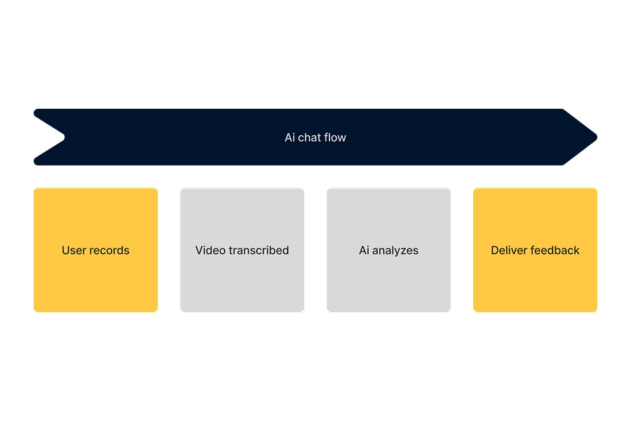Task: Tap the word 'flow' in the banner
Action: pos(334,138)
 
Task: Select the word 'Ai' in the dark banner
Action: pos(290,138)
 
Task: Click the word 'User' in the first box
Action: pos(74,250)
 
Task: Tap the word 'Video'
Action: pos(210,250)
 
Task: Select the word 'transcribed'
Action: pos(259,250)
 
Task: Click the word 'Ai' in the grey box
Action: pos(365,250)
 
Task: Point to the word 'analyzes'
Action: pos(396,250)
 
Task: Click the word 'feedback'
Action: pos(556,250)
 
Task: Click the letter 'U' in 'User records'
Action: pos(66,250)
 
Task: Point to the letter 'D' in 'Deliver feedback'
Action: pos(495,250)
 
